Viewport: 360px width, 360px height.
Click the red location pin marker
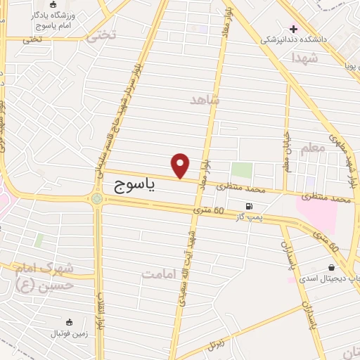[x=181, y=165]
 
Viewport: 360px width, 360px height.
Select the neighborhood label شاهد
[x=205, y=100]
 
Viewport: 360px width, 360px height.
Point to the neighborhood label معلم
[x=313, y=148]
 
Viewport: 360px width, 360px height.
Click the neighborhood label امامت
[x=162, y=274]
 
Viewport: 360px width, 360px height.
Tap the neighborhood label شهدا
[x=304, y=58]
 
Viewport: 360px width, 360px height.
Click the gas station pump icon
[x=248, y=207]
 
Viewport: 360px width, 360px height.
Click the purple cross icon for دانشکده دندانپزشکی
[x=293, y=29]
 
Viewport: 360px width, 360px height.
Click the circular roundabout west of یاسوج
[x=96, y=199]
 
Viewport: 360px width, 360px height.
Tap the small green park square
[x=242, y=170]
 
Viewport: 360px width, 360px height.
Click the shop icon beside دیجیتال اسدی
[x=330, y=268]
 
